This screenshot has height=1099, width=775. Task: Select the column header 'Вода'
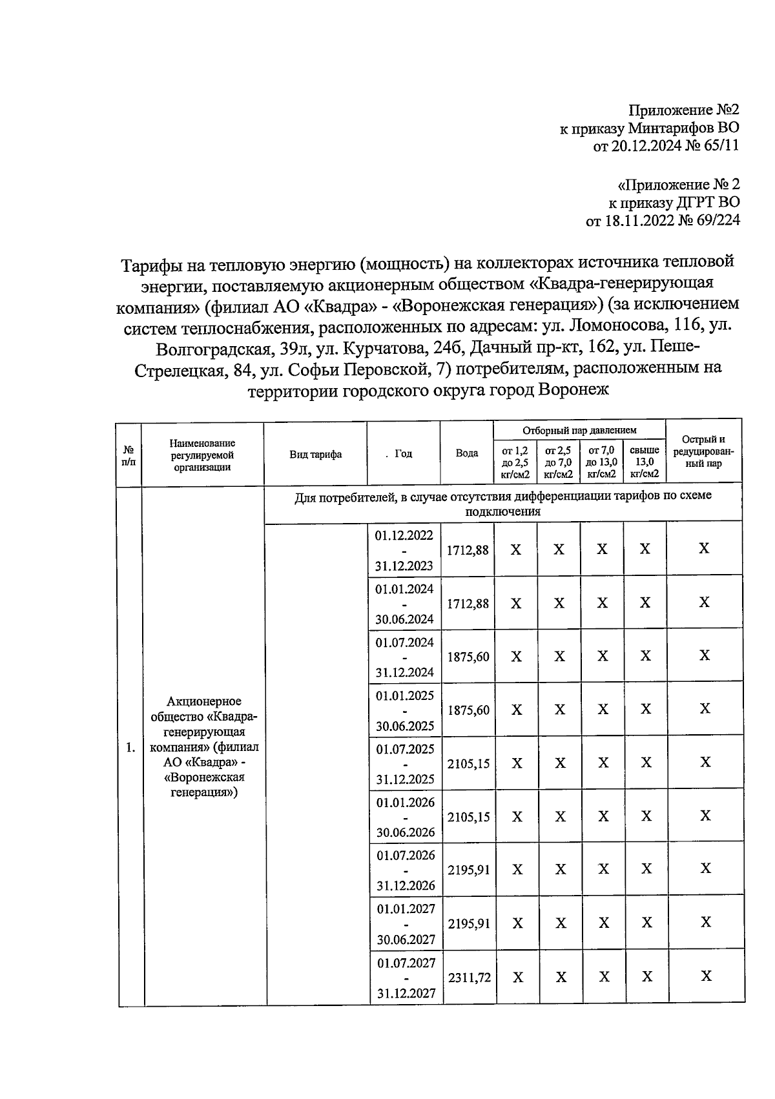pyautogui.click(x=467, y=453)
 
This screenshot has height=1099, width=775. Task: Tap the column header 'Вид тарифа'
pyautogui.click(x=315, y=454)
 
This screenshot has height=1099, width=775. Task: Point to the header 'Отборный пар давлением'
pyautogui.click(x=579, y=430)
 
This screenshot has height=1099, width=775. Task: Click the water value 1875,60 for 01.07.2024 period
pyautogui.click(x=468, y=657)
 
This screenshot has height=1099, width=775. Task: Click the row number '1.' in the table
pyautogui.click(x=130, y=748)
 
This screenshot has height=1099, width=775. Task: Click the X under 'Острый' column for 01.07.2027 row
pyautogui.click(x=705, y=976)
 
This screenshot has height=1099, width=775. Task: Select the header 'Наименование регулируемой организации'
pyautogui.click(x=202, y=455)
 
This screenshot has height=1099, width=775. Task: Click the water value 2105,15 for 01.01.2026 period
pyautogui.click(x=468, y=817)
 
